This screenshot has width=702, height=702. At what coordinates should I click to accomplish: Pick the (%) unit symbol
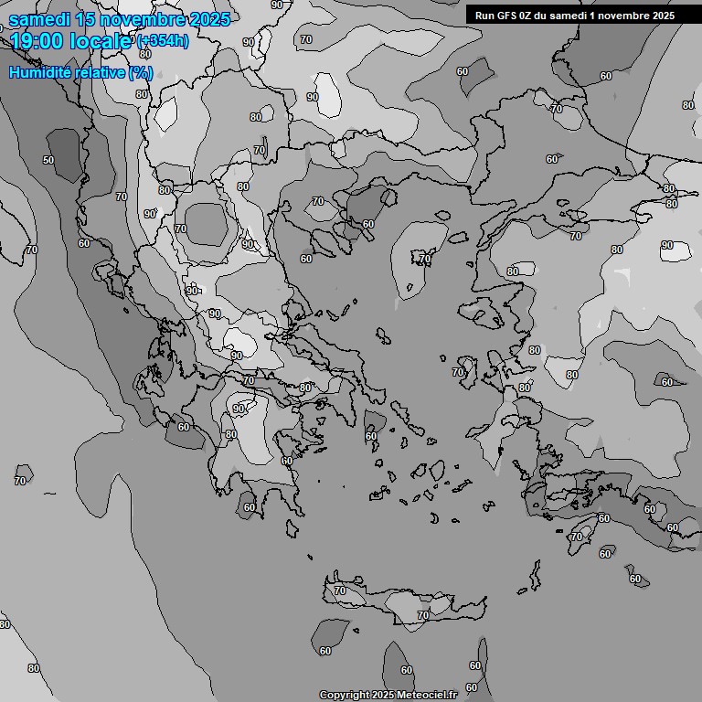tap(140, 72)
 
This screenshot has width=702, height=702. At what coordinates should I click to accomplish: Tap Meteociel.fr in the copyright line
tap(430, 696)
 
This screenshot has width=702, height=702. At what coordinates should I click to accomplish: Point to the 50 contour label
tap(48, 160)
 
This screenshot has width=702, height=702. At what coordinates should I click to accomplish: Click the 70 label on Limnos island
tap(424, 260)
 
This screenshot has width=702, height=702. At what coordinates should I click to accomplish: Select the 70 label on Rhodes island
tap(576, 537)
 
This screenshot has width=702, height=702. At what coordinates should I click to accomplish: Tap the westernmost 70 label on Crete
tap(340, 591)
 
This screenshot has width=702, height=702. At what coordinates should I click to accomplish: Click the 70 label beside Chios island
tap(457, 372)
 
